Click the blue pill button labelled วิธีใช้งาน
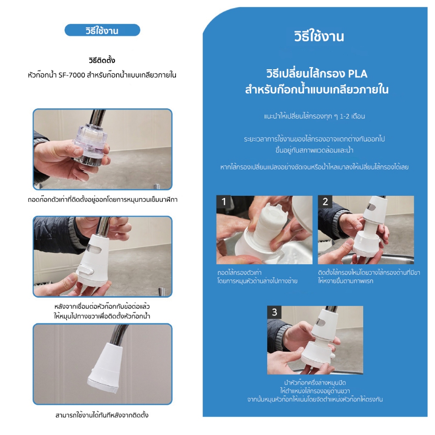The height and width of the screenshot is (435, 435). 102,30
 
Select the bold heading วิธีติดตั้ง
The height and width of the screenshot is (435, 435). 102,60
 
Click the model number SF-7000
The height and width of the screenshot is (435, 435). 71,75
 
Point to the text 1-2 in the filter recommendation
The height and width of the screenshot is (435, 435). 345,116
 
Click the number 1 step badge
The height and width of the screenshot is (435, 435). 223,202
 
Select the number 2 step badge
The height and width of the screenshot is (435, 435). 325,202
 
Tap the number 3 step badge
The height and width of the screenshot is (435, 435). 274,312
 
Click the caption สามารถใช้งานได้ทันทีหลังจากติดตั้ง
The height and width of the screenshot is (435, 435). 102,415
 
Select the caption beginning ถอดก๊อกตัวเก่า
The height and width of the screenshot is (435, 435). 102,200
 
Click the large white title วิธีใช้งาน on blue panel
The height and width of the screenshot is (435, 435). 319,37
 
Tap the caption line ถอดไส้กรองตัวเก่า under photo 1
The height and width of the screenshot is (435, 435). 240,272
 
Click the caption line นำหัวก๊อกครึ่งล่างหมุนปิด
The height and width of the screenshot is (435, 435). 315,383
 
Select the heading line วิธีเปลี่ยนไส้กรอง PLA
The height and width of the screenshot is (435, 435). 317,74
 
